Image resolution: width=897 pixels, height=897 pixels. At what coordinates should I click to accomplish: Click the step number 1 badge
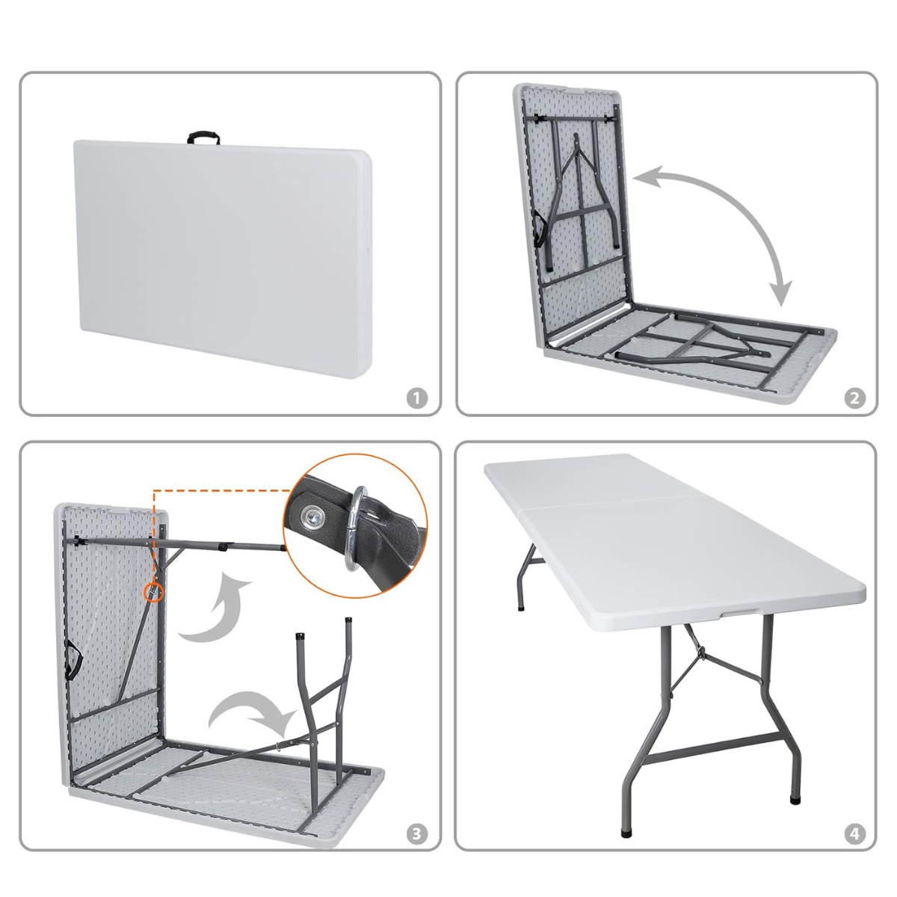[418, 398]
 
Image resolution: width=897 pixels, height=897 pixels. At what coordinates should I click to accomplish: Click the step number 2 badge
[855, 398]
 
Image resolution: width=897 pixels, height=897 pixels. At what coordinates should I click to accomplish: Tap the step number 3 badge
[418, 833]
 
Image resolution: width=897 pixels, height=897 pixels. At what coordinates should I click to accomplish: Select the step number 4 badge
[855, 833]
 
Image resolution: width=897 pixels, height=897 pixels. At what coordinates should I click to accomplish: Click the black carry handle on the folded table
[203, 138]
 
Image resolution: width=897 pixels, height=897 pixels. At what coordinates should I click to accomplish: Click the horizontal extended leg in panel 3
[224, 546]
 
